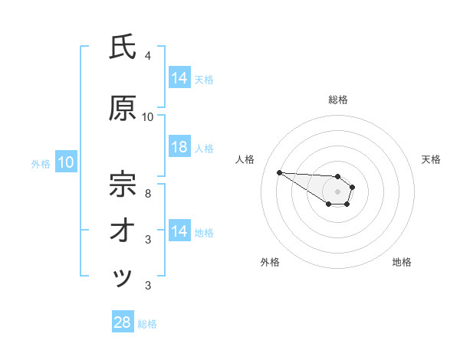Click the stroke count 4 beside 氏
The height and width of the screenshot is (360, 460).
click(148, 55)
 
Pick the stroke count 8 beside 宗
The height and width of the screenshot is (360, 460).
click(148, 192)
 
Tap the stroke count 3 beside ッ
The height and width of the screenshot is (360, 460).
click(148, 286)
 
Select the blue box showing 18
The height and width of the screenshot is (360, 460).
click(179, 147)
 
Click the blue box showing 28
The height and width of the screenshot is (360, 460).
click(123, 322)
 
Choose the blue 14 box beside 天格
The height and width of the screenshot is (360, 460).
click(179, 77)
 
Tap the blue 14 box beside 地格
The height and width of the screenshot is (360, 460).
click(179, 231)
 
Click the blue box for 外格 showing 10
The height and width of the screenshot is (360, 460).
click(65, 162)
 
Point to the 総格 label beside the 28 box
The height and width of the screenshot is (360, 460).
click(147, 324)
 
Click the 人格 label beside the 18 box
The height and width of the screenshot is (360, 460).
click(204, 148)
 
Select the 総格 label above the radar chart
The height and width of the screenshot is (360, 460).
click(338, 100)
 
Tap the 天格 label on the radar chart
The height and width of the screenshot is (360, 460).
click(431, 159)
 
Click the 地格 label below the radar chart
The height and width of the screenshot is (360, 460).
click(402, 262)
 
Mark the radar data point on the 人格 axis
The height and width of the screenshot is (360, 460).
click(280, 172)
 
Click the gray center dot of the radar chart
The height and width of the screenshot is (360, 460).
click(338, 191)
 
